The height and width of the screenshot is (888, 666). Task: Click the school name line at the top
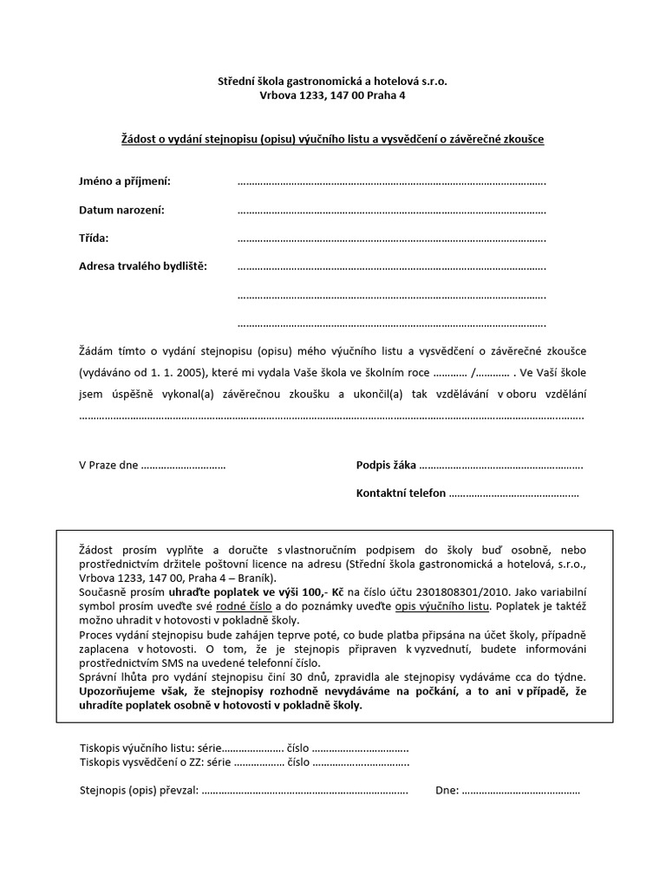pos(332,81)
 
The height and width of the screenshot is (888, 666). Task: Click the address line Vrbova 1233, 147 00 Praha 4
pos(332,95)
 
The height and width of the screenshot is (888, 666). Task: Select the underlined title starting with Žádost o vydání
pos(332,139)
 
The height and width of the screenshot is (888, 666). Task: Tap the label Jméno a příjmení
pos(125,181)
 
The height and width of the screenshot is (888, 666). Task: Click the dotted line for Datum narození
pos(391,211)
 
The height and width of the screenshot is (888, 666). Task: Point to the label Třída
pos(94,238)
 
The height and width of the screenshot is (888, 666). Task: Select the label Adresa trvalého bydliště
pos(143,266)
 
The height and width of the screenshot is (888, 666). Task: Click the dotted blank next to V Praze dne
pos(183,466)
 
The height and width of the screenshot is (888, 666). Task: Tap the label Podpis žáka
pos(386,466)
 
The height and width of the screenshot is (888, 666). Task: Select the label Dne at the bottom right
pos(446,792)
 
